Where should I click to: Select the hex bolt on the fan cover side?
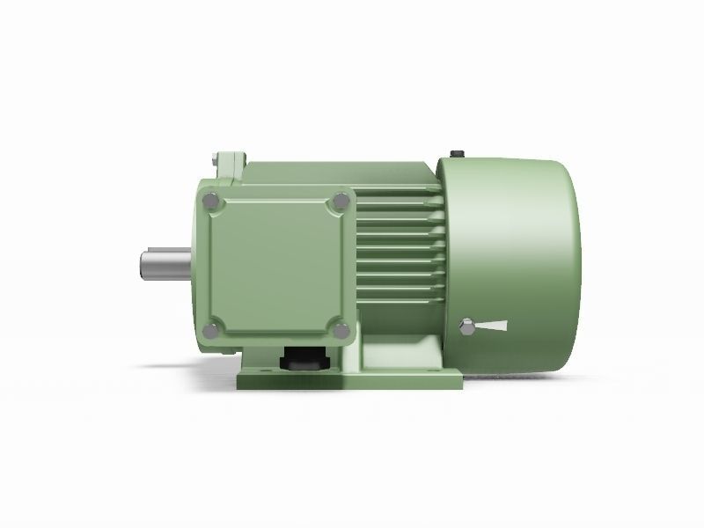pyautogui.click(x=468, y=328)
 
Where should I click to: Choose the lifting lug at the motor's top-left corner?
pyautogui.click(x=227, y=165)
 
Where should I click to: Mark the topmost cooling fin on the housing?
pyautogui.click(x=396, y=210)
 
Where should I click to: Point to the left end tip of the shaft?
pyautogui.click(x=141, y=266)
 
